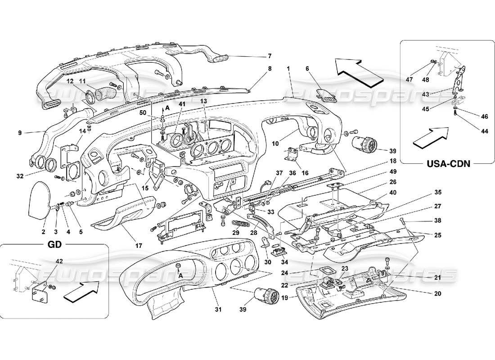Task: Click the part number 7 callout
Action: (270, 56)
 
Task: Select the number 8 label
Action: (270, 69)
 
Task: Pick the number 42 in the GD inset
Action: (59, 261)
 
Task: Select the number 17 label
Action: (139, 246)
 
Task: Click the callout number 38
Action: (438, 221)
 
